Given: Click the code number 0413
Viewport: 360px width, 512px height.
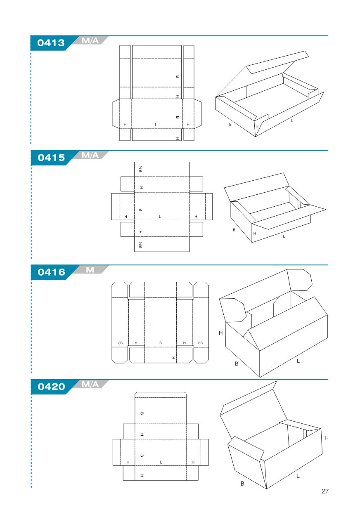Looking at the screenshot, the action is [x=51, y=43].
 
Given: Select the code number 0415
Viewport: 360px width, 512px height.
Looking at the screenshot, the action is [x=51, y=158].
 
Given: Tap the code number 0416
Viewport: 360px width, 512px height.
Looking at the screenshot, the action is [x=51, y=272].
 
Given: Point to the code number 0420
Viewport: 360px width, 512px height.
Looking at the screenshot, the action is [x=51, y=387].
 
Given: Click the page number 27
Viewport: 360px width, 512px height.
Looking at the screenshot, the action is [x=325, y=491].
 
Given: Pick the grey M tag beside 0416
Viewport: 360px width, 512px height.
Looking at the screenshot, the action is [x=90, y=270].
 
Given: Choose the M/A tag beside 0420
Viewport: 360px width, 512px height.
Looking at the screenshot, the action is [x=90, y=384].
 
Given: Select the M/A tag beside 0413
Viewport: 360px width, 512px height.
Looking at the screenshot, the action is [x=90, y=41].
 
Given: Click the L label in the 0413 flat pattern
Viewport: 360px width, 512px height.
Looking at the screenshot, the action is [x=156, y=125].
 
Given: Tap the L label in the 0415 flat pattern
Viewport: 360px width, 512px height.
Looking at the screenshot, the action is [x=160, y=217].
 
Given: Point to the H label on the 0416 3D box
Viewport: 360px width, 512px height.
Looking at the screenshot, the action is [x=220, y=333].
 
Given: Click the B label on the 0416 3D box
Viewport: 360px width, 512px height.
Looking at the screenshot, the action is [x=237, y=363].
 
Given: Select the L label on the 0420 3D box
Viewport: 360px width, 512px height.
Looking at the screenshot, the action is [x=298, y=476].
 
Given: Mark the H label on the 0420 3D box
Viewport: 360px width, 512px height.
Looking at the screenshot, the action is [x=327, y=438].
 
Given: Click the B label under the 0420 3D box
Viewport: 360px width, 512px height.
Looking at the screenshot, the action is [x=242, y=484].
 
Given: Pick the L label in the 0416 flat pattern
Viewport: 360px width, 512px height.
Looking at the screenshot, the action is [x=151, y=325].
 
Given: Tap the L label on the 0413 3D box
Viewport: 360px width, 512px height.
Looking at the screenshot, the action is [x=292, y=121].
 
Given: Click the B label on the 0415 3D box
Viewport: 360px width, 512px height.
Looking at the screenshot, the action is [x=234, y=230].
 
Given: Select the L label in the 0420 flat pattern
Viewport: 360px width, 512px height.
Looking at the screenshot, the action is [x=161, y=462].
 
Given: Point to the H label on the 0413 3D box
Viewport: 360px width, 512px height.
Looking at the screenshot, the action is [x=257, y=127].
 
